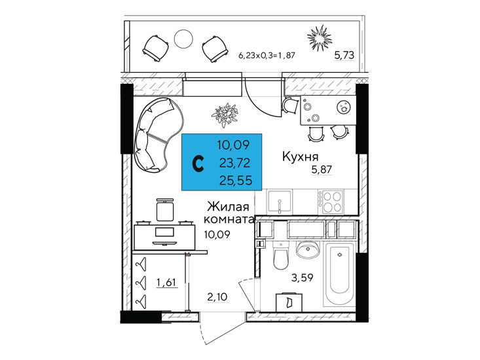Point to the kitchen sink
280,201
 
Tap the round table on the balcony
183,38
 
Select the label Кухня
300,156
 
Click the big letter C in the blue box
198,164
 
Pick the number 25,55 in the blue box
236,181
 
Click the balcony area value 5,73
344,56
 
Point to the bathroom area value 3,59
302,278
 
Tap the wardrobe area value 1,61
167,282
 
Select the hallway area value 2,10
217,297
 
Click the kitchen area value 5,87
322,169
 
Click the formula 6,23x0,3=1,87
267,56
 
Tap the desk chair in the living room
164,209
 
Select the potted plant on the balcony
320,39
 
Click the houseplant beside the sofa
225,115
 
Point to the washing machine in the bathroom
289,302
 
